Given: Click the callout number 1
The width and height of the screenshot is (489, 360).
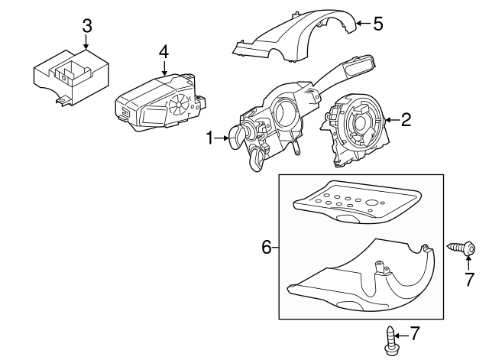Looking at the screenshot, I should [x=209, y=138].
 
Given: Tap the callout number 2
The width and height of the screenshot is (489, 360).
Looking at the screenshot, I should [x=406, y=118].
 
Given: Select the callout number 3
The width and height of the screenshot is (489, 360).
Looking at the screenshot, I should [x=87, y=25].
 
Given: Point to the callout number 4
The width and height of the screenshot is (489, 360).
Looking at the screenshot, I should [x=164, y=52].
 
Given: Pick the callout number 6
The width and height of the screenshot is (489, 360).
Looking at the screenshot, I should [x=267, y=247].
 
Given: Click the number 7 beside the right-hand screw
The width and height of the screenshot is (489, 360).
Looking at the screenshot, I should [x=470, y=279].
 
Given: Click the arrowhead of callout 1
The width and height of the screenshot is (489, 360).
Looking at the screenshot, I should [x=228, y=138].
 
